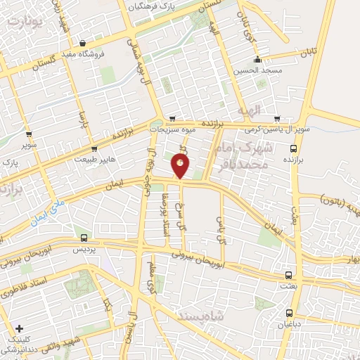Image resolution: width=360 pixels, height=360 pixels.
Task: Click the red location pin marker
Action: point(181,166)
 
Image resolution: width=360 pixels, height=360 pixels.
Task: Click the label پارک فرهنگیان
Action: point(150,6)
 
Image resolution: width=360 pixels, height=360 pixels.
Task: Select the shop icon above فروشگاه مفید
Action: point(84,42)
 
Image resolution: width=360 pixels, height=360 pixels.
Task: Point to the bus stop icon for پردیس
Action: point(84,238)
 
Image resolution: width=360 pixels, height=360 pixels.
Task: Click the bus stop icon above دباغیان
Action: point(288,313)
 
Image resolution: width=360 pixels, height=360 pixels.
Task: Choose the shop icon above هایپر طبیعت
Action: point(94,148)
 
